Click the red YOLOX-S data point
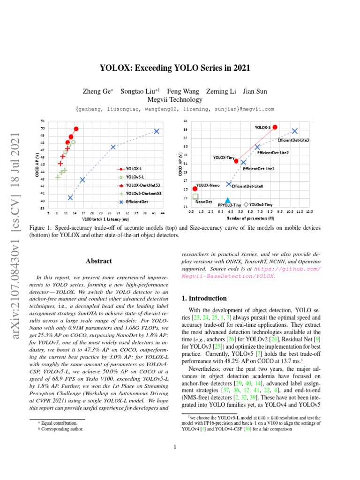pyautogui.click(x=275, y=127)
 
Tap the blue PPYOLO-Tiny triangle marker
pyautogui.click(x=227, y=200)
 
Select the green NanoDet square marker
pyautogui.click(x=195, y=196)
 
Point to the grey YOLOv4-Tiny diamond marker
pyautogui.click(x=246, y=204)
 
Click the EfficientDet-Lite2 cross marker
pyautogui.click(x=257, y=147)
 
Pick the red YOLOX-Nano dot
pyautogui.click(x=195, y=189)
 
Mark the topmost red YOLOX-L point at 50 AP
pyautogui.click(x=76, y=128)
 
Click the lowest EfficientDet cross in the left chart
pyautogui.click(x=70, y=198)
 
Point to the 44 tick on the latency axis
pyautogui.click(x=162, y=212)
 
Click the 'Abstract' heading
pyautogui.click(x=98, y=261)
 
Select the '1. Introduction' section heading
pyautogui.click(x=204, y=298)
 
